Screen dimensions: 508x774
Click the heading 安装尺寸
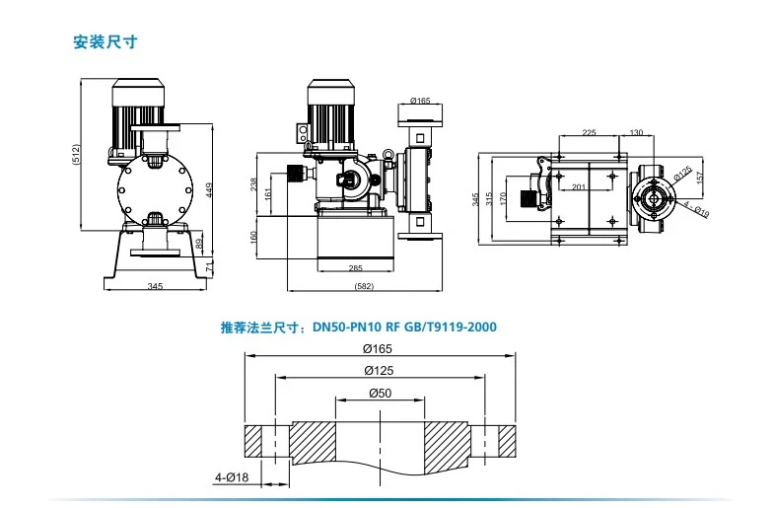tap(105, 43)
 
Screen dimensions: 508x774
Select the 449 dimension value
tap(209, 189)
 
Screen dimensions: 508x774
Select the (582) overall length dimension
tap(363, 287)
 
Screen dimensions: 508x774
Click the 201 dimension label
tap(579, 187)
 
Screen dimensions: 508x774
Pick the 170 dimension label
tap(503, 199)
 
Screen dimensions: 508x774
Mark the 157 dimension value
tap(700, 178)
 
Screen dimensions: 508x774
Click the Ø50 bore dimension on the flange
tap(379, 393)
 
